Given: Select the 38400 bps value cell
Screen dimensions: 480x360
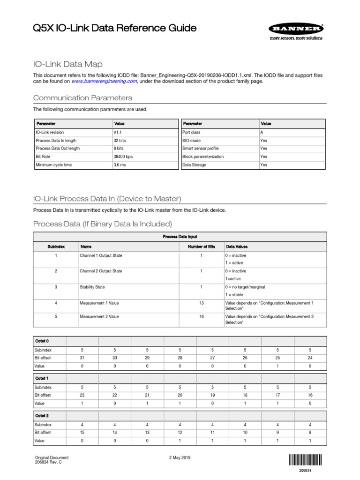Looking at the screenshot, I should click(x=123, y=157).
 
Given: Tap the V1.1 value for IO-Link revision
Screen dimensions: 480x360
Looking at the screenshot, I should click(x=117, y=132).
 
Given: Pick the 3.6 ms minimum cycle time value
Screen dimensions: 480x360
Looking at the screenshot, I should click(x=120, y=165).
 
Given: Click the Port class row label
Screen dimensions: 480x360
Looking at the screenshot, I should click(x=192, y=132).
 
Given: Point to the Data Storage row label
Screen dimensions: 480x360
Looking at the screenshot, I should click(x=194, y=165).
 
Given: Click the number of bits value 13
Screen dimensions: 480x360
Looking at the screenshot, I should click(x=202, y=303).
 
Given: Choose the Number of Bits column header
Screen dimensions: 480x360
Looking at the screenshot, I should click(x=202, y=246).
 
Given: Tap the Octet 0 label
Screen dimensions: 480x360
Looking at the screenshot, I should click(x=42, y=341).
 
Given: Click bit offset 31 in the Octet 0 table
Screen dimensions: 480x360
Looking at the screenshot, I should click(x=82, y=358).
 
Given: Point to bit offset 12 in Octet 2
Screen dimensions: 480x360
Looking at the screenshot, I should click(x=180, y=432).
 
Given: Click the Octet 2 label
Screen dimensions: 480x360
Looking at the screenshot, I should click(x=42, y=415).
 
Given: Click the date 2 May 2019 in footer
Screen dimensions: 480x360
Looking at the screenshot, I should click(x=179, y=458).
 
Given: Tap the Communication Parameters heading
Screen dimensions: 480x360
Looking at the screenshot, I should click(x=82, y=98).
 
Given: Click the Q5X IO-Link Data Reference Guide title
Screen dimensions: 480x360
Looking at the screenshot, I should click(x=114, y=29).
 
